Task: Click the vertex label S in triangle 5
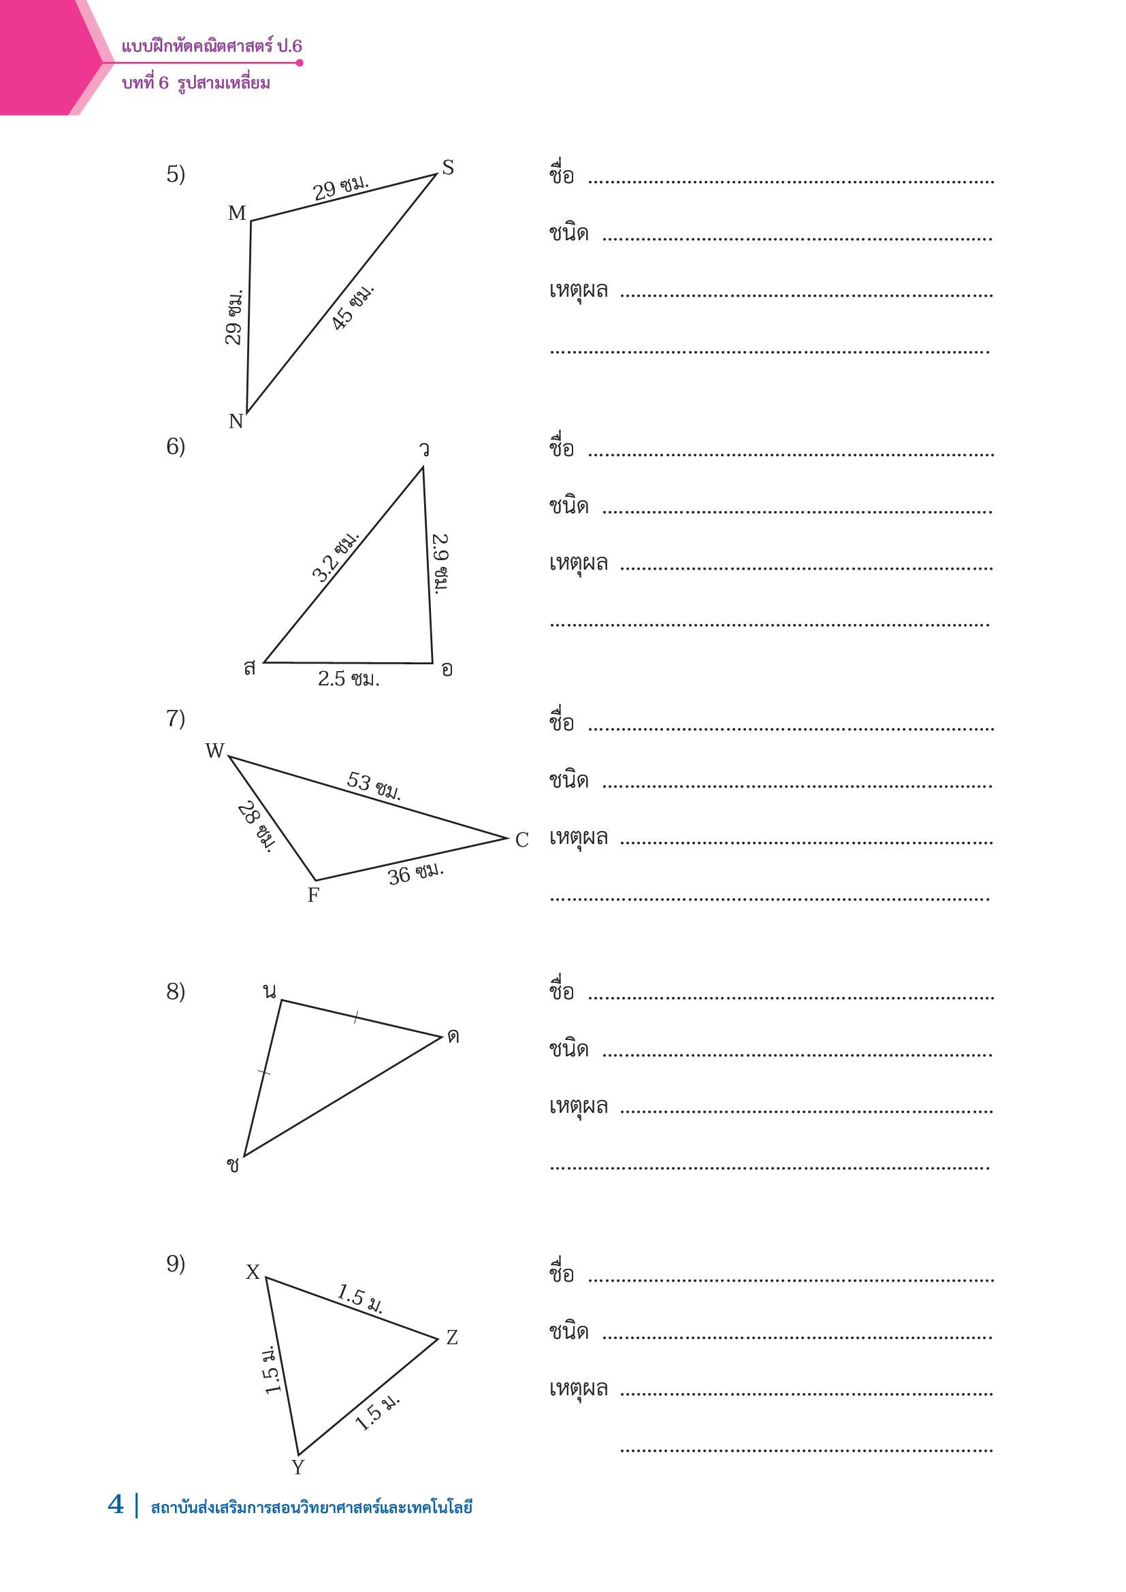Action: point(448,168)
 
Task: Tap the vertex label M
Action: point(237,214)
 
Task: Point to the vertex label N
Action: point(236,421)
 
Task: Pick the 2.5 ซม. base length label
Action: point(349,679)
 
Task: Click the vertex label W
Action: point(215,751)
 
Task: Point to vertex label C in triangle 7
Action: point(522,841)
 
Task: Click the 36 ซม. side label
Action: point(415,874)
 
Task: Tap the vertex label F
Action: point(313,896)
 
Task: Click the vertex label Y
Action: point(298,1467)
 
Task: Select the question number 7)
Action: point(176,718)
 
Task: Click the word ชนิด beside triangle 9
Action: point(568,1332)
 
